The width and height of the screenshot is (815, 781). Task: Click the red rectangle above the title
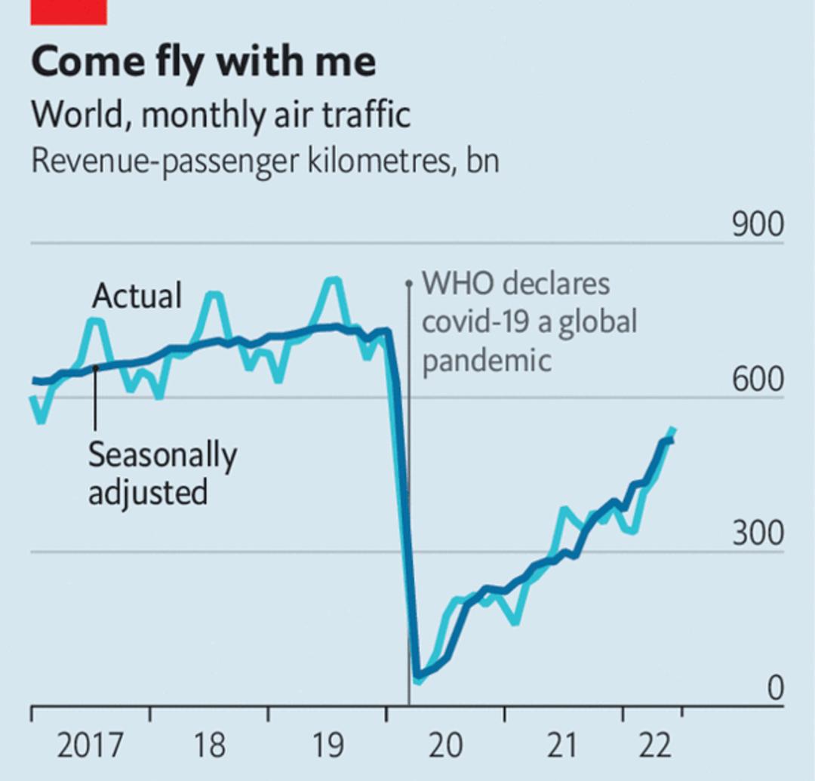[69, 12]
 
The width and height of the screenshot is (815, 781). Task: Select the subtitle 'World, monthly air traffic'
[221, 115]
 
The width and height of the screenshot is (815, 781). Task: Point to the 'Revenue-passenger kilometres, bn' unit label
[265, 161]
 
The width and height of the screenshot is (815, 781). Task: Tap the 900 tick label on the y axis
[758, 225]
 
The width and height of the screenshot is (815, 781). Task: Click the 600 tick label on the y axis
[758, 380]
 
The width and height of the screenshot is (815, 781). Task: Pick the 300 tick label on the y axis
[758, 533]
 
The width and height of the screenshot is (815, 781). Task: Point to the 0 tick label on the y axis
[775, 688]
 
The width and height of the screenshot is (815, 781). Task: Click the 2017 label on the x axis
[91, 745]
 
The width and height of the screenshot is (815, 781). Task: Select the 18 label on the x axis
[210, 745]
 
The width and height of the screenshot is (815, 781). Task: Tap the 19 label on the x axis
[328, 745]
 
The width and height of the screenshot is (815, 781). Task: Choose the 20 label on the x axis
[446, 745]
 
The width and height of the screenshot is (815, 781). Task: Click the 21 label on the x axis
[562, 745]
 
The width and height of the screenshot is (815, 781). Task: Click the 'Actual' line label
[137, 296]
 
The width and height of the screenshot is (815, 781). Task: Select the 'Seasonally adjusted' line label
[163, 473]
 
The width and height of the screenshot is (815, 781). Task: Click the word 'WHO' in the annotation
[457, 284]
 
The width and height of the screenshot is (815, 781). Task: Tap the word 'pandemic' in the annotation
[487, 360]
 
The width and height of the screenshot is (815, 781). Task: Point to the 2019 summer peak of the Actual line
[333, 281]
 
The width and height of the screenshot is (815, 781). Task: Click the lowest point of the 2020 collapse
[417, 678]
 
